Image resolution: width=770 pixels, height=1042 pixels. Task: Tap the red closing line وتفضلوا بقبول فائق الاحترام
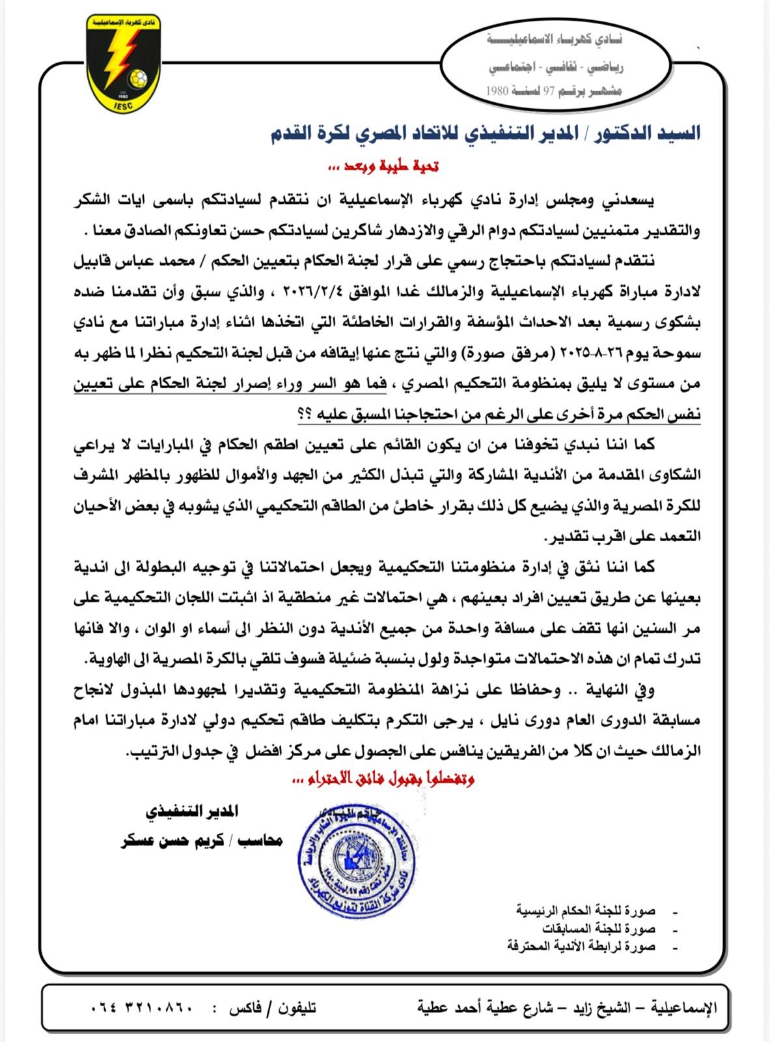(x=381, y=778)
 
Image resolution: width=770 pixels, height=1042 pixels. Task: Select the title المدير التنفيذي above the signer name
(x=191, y=811)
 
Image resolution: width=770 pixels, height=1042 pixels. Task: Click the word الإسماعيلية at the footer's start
(x=683, y=1008)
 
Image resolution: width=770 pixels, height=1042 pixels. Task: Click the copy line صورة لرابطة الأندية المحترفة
(x=581, y=946)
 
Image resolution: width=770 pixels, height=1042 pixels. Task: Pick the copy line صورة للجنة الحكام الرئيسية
(x=586, y=910)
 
